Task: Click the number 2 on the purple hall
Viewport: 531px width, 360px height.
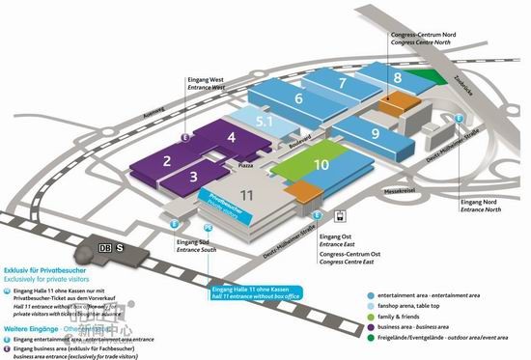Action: click(x=166, y=160)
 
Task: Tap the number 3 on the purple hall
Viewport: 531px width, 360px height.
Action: click(x=193, y=177)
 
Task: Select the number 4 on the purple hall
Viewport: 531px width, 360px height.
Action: click(x=232, y=138)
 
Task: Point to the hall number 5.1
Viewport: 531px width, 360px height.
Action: click(x=265, y=121)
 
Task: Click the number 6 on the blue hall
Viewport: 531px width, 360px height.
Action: click(x=299, y=98)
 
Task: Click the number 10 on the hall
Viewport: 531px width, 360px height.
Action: click(x=321, y=165)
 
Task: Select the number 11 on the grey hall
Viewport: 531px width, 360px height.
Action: click(x=247, y=196)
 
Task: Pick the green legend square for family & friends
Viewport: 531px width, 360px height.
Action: click(x=372, y=316)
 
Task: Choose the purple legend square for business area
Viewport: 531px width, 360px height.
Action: click(x=372, y=327)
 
